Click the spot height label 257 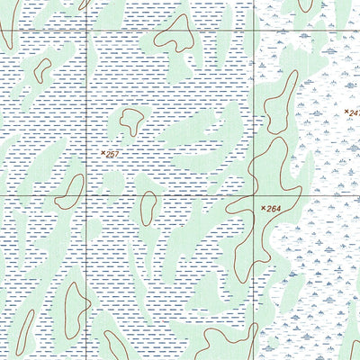pyautogui.click(x=112, y=155)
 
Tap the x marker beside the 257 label pyautogui.click(x=103, y=154)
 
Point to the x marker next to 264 pyautogui.click(x=264, y=209)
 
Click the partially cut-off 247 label pyautogui.click(x=355, y=112)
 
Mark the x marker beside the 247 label pyautogui.click(x=347, y=111)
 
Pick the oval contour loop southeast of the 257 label pyautogui.click(x=146, y=209)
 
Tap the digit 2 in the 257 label pyautogui.click(x=107, y=155)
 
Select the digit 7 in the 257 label pyautogui.click(x=117, y=155)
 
